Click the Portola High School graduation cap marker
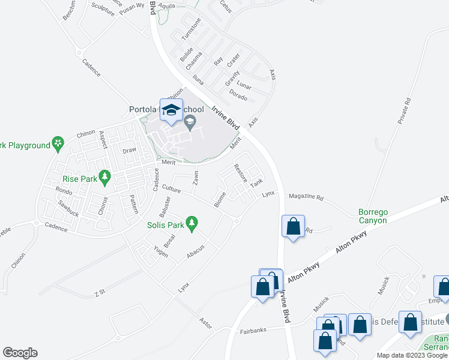click(x=172, y=110)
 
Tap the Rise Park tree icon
click(x=105, y=176)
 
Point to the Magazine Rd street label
click(x=306, y=197)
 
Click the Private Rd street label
click(x=403, y=112)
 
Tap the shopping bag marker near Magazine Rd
click(x=293, y=227)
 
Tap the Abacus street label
click(x=196, y=251)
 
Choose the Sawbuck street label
click(x=68, y=208)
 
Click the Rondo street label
click(x=64, y=191)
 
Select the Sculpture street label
click(x=103, y=12)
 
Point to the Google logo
click(x=20, y=353)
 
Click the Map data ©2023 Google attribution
click(x=411, y=355)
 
